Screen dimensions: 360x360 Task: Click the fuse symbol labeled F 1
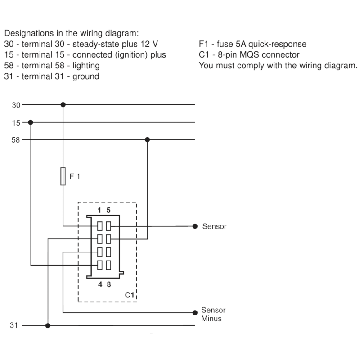click(63, 176)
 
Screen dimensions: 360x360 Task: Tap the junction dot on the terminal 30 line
click(63, 105)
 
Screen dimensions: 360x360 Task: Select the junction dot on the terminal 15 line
click(31, 122)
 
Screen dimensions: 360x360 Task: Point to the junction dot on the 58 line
click(148, 140)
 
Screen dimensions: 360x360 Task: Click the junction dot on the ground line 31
click(48, 325)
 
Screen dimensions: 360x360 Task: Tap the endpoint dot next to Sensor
click(195, 226)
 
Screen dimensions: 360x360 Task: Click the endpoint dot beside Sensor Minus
click(195, 312)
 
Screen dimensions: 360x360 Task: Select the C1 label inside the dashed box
click(130, 295)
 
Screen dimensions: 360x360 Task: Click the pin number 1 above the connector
click(100, 210)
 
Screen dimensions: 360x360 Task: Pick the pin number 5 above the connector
click(108, 210)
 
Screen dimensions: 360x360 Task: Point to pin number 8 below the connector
click(108, 284)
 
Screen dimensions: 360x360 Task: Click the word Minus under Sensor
click(211, 319)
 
